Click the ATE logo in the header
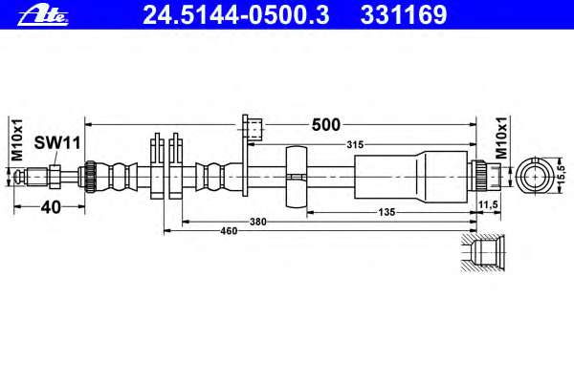click(43, 15)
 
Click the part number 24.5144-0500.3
click(236, 15)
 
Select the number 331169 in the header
click(404, 15)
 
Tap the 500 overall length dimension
click(326, 125)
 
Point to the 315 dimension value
click(355, 145)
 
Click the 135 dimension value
click(386, 212)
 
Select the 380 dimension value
click(258, 222)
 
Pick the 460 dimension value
click(229, 231)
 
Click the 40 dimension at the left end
click(51, 207)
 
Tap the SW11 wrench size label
click(57, 143)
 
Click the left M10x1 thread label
click(16, 139)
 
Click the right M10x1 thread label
click(501, 138)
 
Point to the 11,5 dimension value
click(488, 204)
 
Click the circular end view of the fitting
click(535, 176)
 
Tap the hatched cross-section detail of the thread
click(483, 252)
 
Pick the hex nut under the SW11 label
click(55, 176)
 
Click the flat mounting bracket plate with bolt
click(252, 156)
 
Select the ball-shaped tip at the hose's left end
click(17, 176)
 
